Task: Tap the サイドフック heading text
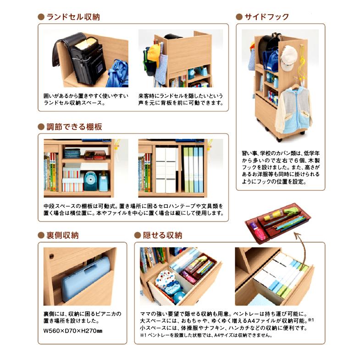[266, 17]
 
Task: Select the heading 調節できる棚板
[73, 127]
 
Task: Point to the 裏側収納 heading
[61, 235]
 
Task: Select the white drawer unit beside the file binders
[166, 170]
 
